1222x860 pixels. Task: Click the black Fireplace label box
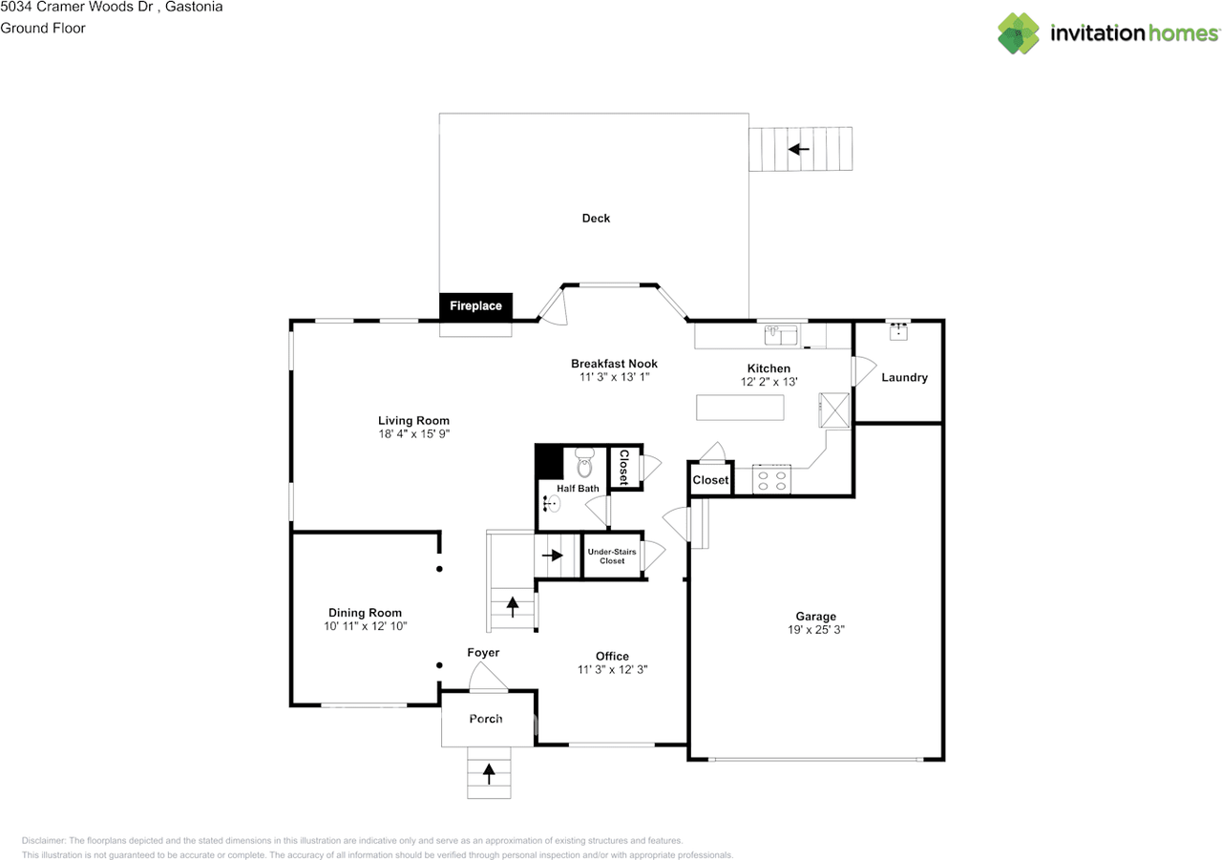[x=475, y=306]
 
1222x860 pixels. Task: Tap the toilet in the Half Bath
[x=584, y=462]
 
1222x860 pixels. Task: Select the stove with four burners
[x=771, y=479]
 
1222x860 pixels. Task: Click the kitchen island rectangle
[x=740, y=408]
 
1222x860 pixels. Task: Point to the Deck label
[x=596, y=219]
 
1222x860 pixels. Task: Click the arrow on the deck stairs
[x=799, y=149]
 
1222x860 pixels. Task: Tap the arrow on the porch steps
[x=489, y=774]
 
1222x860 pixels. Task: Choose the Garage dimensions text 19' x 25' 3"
[x=815, y=629]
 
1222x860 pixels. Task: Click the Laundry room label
[x=904, y=377]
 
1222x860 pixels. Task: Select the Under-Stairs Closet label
[x=612, y=556]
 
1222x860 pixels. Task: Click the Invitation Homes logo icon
[x=1018, y=33]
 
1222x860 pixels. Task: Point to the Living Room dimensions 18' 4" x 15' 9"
[x=414, y=434]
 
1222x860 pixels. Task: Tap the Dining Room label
[x=365, y=613]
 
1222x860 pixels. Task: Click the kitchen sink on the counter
[x=781, y=335]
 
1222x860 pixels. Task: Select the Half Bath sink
[x=552, y=503]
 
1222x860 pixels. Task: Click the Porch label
[x=486, y=719]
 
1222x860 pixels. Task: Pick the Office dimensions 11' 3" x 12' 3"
[x=612, y=670]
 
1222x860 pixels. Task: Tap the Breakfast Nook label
[x=614, y=364]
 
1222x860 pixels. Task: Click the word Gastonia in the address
[x=194, y=7]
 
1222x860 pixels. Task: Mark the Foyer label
[x=483, y=653]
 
